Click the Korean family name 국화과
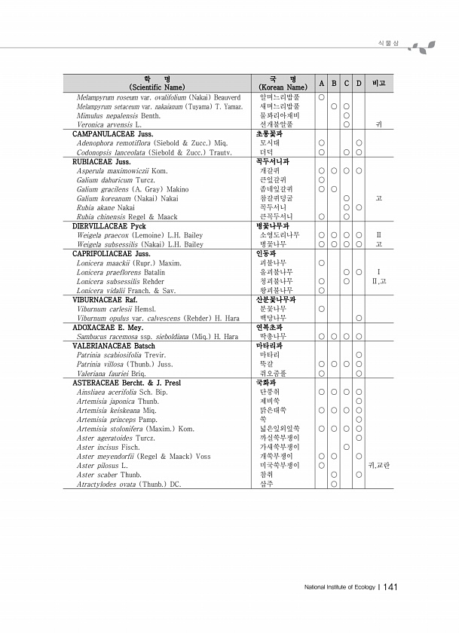[265, 383]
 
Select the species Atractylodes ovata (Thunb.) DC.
[129, 484]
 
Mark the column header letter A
[321, 83]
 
